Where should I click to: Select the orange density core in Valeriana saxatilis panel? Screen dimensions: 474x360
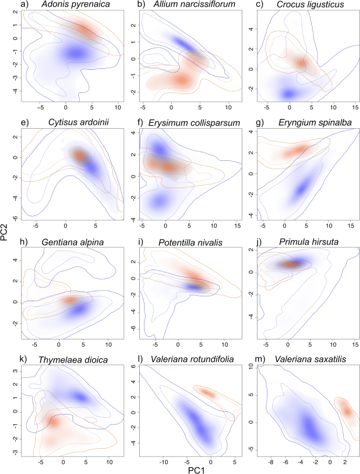[347, 411]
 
